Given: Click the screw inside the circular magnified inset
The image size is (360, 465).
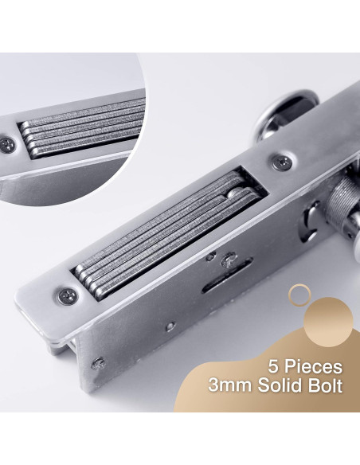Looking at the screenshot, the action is coord(7,145).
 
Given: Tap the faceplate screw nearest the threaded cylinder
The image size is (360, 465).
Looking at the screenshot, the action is coord(282,162).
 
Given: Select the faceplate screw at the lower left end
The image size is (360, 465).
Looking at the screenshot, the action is coord(68,296).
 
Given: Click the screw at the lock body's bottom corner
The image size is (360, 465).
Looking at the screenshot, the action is coord(98,364).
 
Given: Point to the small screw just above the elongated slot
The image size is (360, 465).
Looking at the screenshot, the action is coord(229,260).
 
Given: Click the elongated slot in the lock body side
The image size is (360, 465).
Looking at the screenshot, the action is coord(227,275).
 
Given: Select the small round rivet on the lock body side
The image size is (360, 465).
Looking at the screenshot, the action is coord(170,326).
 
